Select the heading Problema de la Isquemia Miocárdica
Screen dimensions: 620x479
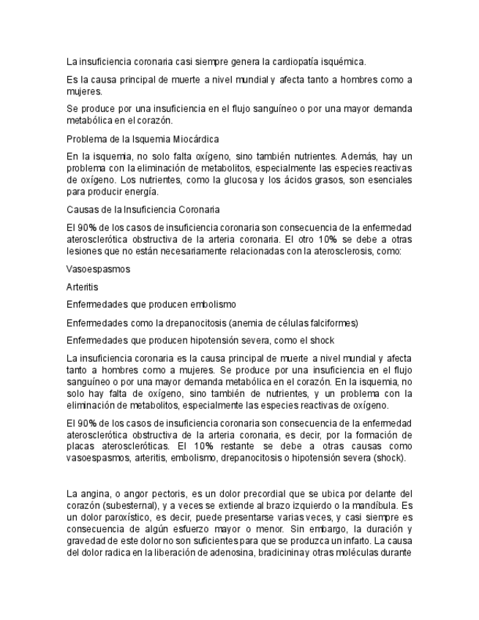143,139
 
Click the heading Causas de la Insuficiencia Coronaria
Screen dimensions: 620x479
143,208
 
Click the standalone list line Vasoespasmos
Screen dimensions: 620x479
98,269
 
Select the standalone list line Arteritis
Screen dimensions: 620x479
82,287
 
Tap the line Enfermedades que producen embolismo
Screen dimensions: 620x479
151,304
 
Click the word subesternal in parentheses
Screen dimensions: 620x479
125,505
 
